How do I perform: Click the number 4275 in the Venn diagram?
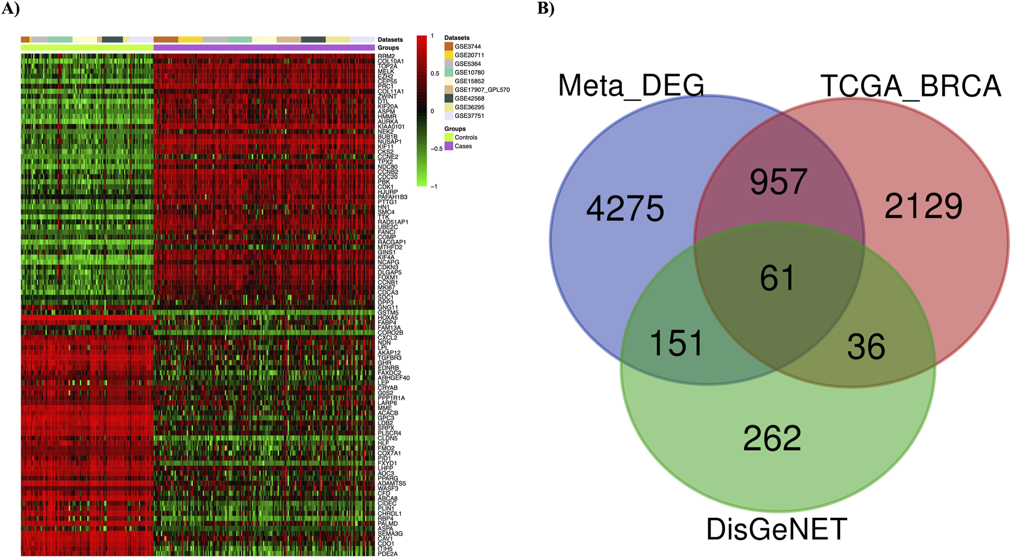click(625, 208)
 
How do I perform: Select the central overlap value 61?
click(777, 279)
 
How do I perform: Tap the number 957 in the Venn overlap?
click(778, 182)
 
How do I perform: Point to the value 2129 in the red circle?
click(923, 206)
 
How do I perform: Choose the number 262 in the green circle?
click(772, 439)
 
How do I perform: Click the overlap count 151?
click(676, 344)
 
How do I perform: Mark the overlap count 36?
click(866, 347)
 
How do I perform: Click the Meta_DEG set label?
click(631, 86)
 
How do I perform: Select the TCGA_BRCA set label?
click(911, 86)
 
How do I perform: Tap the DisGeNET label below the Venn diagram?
click(777, 529)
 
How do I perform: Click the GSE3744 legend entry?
click(467, 47)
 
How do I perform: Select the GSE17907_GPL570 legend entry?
click(481, 90)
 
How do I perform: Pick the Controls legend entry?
click(465, 138)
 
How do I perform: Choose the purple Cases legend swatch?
click(449, 146)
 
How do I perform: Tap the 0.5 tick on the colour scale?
click(435, 74)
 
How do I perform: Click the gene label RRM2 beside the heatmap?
click(386, 57)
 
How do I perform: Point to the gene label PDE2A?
click(387, 554)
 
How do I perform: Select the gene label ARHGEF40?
click(393, 378)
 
